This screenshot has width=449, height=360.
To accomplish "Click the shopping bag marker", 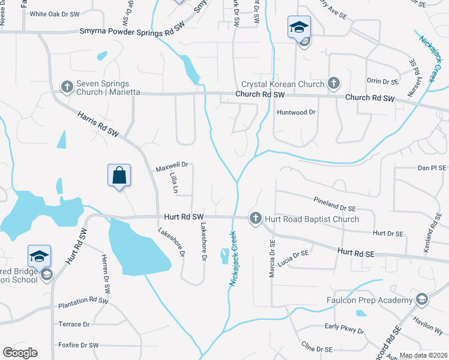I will pyautogui.click(x=119, y=176).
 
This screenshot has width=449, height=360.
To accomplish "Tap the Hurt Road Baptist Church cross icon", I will pyautogui.click(x=255, y=218).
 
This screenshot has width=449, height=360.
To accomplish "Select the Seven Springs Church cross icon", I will pyautogui.click(x=67, y=88).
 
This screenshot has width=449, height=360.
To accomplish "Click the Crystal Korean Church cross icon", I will pyautogui.click(x=334, y=84).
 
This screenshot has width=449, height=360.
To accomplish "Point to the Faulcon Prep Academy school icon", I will pyautogui.click(x=422, y=299).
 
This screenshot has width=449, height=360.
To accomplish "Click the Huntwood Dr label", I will pyautogui.click(x=296, y=112).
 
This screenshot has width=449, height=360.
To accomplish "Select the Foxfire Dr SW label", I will pyautogui.click(x=78, y=345).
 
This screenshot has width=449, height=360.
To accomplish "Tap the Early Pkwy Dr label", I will pyautogui.click(x=344, y=328).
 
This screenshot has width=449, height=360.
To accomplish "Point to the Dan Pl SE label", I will pyautogui.click(x=430, y=169).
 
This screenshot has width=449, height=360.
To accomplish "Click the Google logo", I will pyautogui.click(x=20, y=353).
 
